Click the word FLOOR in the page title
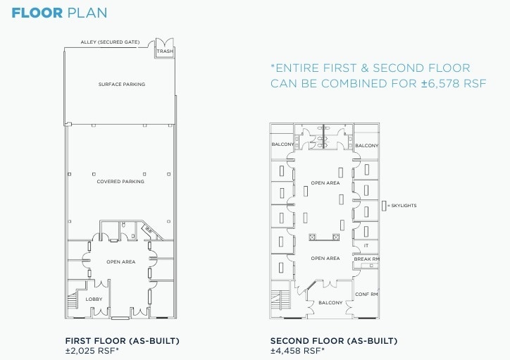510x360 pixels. tap(33, 13)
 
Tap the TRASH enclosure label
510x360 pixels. tap(165, 51)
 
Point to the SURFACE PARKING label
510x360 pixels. tap(121, 85)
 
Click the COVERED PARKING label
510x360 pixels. tap(120, 182)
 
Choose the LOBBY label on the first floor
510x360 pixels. tap(94, 299)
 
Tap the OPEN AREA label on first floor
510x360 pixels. tap(120, 262)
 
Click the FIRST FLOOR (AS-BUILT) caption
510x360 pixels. tap(122, 341)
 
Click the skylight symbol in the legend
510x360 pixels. tap(384, 205)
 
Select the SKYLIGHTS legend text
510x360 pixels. tap(403, 205)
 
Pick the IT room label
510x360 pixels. tap(366, 246)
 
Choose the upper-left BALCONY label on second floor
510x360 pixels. tap(282, 145)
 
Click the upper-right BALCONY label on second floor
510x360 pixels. tap(366, 146)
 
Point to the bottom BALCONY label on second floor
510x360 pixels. tap(330, 303)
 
